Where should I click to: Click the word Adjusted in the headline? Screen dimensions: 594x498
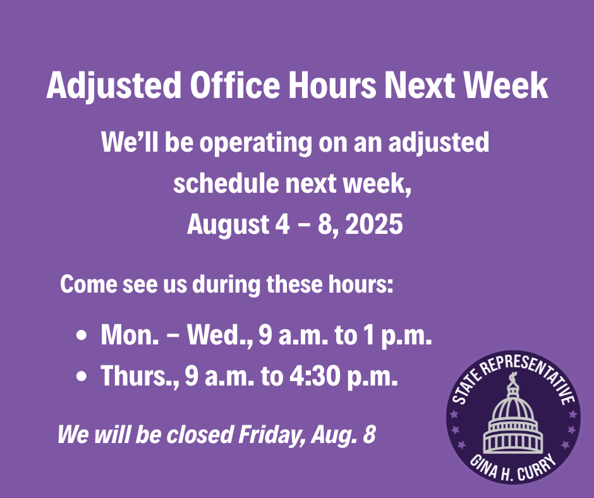(x=114, y=86)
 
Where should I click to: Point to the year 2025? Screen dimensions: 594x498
(x=374, y=224)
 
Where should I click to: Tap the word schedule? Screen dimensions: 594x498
(x=226, y=183)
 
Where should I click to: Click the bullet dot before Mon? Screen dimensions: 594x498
(x=82, y=336)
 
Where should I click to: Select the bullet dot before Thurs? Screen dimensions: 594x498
(x=82, y=376)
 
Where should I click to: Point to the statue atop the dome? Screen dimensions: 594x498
(x=512, y=377)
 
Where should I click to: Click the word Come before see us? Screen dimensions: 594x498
(x=88, y=284)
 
